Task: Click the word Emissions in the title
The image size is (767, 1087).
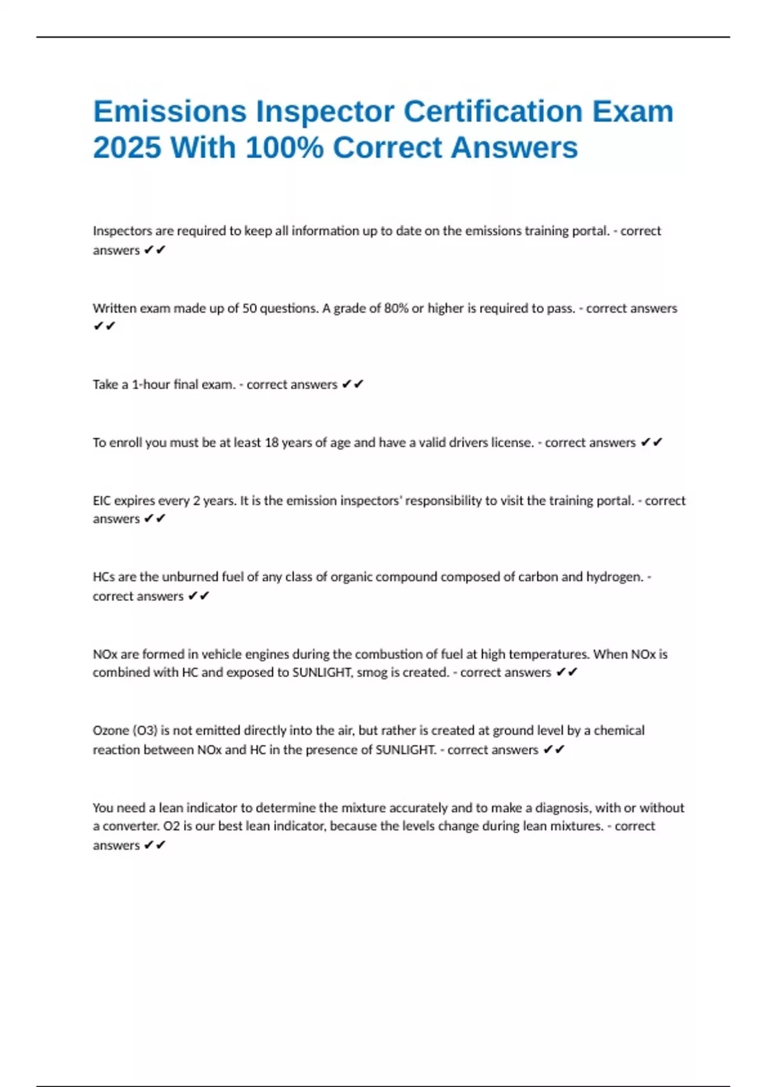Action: [169, 112]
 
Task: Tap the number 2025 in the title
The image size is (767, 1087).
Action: [127, 148]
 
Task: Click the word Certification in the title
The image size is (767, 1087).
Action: [493, 112]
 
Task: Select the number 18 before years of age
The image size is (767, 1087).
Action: [272, 442]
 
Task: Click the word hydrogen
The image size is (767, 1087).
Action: [614, 577]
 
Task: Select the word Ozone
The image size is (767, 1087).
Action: [111, 731]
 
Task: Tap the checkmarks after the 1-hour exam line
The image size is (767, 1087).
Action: [353, 384]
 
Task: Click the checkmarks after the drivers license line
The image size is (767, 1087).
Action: [651, 442]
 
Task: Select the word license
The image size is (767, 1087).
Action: [512, 442]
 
